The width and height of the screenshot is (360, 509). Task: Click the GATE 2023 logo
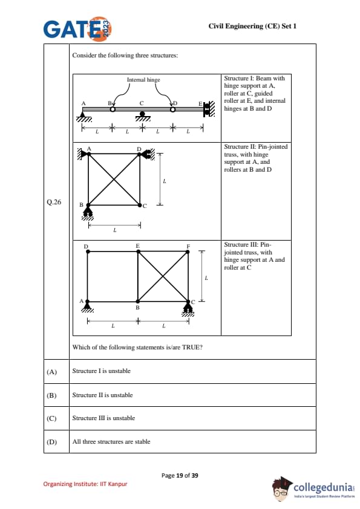77,29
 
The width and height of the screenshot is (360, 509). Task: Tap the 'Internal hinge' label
143,80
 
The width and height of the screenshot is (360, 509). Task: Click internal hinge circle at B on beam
113,109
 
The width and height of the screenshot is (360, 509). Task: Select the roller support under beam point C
142,116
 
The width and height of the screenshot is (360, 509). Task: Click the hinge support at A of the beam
84,117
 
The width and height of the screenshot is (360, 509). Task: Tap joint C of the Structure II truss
140,205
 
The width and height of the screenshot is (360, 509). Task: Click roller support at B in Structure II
87,214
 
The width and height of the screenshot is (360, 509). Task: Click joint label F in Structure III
188,247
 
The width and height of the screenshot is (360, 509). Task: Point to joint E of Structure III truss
138,251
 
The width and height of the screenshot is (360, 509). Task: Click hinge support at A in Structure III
87,306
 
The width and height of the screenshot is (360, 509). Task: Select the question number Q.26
54,203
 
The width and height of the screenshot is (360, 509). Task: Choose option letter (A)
51,372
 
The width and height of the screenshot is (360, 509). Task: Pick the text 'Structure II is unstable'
102,395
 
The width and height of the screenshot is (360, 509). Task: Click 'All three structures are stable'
111,441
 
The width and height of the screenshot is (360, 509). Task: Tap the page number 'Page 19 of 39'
180,476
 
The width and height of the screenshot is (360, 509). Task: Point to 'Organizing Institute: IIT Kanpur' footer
85,484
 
